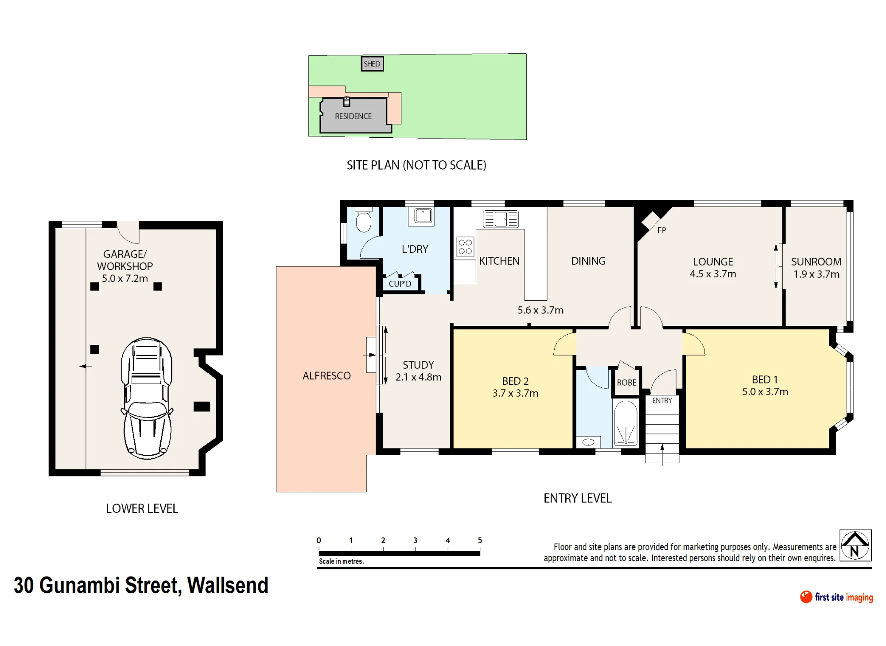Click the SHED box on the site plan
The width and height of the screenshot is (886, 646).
(x=372, y=64)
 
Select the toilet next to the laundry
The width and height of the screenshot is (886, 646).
(x=364, y=220)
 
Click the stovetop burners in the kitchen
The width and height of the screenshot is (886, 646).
(x=465, y=247)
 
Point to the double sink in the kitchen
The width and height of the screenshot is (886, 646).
(x=501, y=219)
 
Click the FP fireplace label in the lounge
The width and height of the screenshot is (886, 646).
(x=662, y=230)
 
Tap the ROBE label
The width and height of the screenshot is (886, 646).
(x=626, y=383)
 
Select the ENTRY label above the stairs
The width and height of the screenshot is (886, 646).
(x=662, y=400)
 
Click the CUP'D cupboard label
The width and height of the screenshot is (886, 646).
(x=400, y=284)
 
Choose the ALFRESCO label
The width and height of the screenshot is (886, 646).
(x=326, y=376)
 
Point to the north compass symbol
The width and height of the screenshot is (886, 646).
(x=855, y=545)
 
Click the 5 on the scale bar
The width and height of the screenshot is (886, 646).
(x=480, y=540)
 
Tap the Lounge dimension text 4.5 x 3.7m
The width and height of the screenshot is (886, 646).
(x=713, y=274)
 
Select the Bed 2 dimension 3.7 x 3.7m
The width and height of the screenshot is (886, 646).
(x=515, y=393)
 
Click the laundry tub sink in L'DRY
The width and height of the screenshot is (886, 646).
(x=423, y=216)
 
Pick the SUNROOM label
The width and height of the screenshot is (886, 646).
(x=816, y=262)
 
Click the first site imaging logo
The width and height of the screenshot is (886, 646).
(x=836, y=597)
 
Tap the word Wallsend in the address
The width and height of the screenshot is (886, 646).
(x=228, y=585)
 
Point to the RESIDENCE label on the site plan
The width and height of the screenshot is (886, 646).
(x=353, y=116)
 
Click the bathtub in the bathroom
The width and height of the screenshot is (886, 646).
(x=626, y=423)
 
